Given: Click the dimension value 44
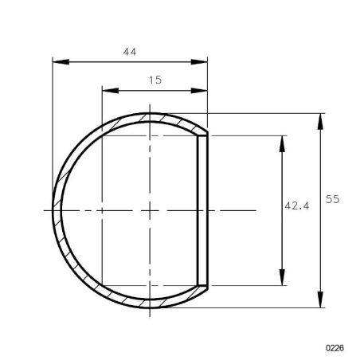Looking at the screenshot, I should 130,52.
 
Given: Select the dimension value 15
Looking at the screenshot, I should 155,80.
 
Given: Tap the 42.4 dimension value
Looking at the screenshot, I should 296,205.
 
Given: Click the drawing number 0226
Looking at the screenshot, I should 335,348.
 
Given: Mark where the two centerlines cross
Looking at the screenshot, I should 150,210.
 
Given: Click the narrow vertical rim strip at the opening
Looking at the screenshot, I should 202,210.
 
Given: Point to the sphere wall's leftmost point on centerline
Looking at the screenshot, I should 54,210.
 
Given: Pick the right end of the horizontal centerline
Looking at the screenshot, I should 256,210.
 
